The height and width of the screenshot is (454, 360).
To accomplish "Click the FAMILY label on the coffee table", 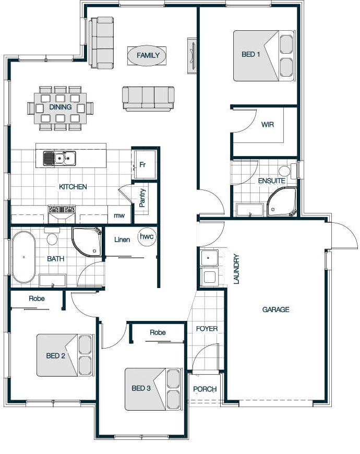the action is pyautogui.click(x=148, y=55).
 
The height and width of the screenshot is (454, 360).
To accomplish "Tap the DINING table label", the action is pyautogui.click(x=61, y=107).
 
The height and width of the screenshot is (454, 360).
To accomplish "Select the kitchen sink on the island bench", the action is pyautogui.click(x=59, y=159).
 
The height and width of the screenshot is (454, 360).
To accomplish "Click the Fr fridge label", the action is pyautogui.click(x=142, y=164).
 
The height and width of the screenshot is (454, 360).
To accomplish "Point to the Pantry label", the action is pyautogui.click(x=142, y=198).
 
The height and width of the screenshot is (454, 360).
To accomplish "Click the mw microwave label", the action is pyautogui.click(x=119, y=216).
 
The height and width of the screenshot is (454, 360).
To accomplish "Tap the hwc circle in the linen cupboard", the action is pyautogui.click(x=147, y=236).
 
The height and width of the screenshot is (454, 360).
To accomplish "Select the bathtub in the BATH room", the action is pyautogui.click(x=23, y=257).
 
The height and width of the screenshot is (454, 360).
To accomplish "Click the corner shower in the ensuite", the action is pyautogui.click(x=282, y=202).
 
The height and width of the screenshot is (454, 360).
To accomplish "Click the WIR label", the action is pyautogui.click(x=268, y=125).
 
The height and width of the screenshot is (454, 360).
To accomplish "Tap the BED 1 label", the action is pyautogui.click(x=251, y=54).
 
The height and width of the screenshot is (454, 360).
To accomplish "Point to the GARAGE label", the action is pyautogui.click(x=276, y=309).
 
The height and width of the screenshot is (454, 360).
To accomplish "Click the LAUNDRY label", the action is pyautogui.click(x=236, y=269).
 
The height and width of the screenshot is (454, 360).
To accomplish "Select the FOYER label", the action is pyautogui.click(x=207, y=329).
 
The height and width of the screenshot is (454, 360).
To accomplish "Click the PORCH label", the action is pyautogui.click(x=205, y=389).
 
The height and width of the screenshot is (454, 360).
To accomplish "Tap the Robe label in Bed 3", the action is pyautogui.click(x=158, y=332).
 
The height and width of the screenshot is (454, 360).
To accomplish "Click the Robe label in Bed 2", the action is pyautogui.click(x=37, y=298).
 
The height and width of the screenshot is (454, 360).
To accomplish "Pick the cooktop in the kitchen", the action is pyautogui.click(x=62, y=209).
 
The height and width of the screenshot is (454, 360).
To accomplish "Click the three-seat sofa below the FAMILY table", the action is pyautogui.click(x=148, y=99).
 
